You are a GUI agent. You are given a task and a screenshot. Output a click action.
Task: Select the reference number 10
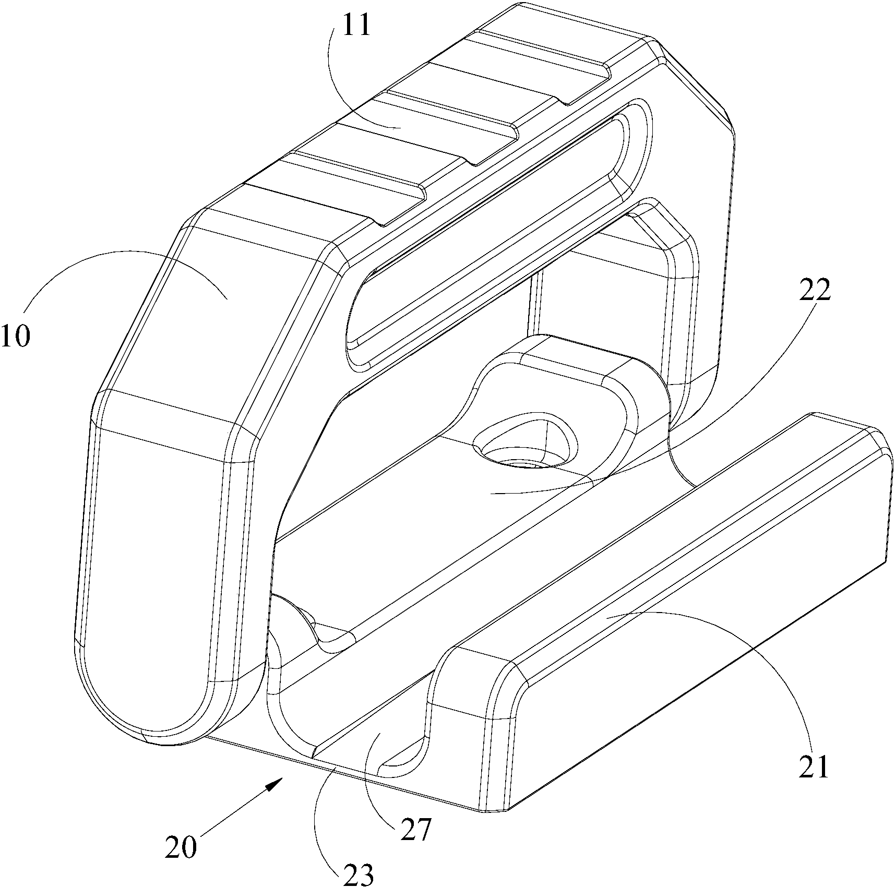click(x=16, y=337)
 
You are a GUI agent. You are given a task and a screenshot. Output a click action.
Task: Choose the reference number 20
click(x=181, y=861)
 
